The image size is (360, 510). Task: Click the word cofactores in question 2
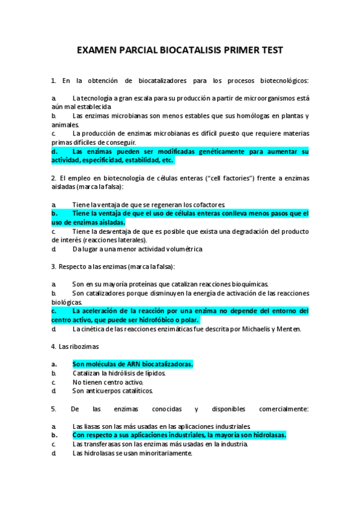point(209,205)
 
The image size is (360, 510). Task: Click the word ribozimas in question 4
point(85,347)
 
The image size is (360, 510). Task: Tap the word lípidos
point(151,373)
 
